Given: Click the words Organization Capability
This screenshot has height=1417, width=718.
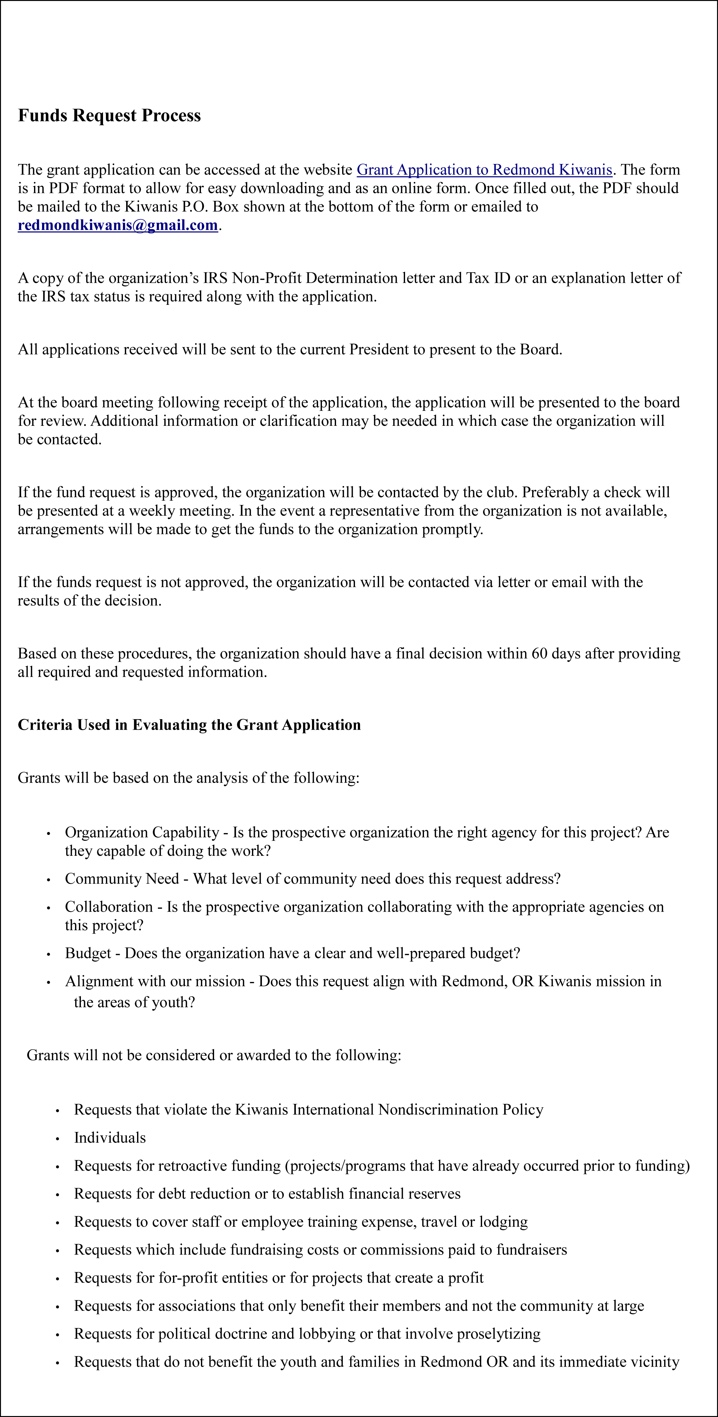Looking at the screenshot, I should pyautogui.click(x=142, y=832).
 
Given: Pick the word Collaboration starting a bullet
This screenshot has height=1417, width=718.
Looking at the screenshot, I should pyautogui.click(x=109, y=906).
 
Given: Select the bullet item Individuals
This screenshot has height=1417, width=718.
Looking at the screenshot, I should pyautogui.click(x=110, y=1138).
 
